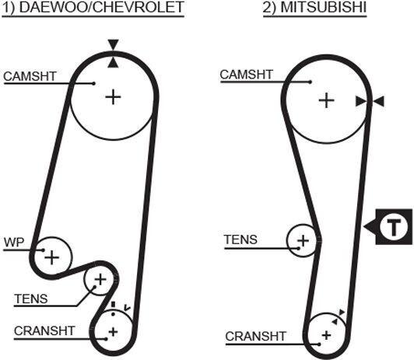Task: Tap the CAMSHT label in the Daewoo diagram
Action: coord(30,76)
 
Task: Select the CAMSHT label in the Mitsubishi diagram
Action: coord(247,75)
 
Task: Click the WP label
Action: coord(14,243)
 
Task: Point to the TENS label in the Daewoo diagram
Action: coord(31,299)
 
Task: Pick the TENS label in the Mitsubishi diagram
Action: coord(240,239)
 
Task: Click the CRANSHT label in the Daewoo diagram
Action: coord(44,330)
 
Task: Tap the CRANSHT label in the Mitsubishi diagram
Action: coord(255,336)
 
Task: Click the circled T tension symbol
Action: coord(394,227)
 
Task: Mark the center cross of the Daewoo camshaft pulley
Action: coord(113,97)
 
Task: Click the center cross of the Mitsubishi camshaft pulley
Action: coord(327,100)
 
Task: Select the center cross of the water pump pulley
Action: coord(51,257)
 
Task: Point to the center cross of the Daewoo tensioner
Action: coord(100,279)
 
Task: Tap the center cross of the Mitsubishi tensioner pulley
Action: coord(303,240)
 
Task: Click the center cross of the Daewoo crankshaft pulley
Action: coord(113,332)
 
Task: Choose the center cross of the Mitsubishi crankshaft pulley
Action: coord(327,335)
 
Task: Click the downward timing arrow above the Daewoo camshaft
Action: coord(113,44)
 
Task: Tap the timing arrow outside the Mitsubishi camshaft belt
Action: coord(379,102)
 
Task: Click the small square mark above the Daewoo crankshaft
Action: coord(114,304)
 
